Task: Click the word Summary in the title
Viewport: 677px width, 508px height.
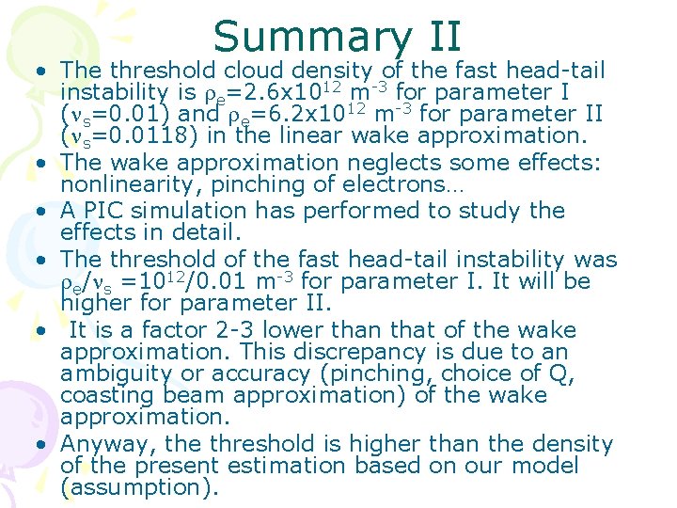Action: point(311,37)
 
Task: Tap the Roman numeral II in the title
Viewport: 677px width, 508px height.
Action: point(438,37)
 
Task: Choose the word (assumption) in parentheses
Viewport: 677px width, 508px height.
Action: point(139,487)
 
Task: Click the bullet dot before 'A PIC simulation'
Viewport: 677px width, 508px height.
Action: point(43,211)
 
